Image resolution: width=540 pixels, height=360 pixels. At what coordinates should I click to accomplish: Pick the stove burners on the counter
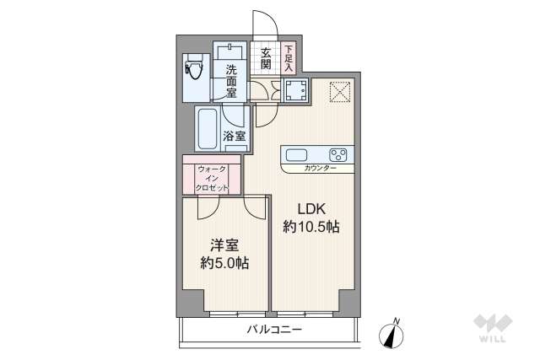coord(338,154)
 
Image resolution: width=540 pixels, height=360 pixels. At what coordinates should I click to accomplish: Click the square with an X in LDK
coord(338,90)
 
